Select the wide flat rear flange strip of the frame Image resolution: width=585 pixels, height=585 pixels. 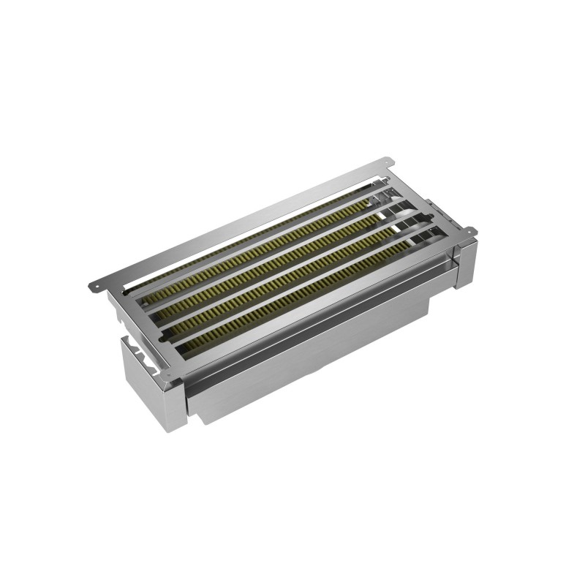coord(241,219)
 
